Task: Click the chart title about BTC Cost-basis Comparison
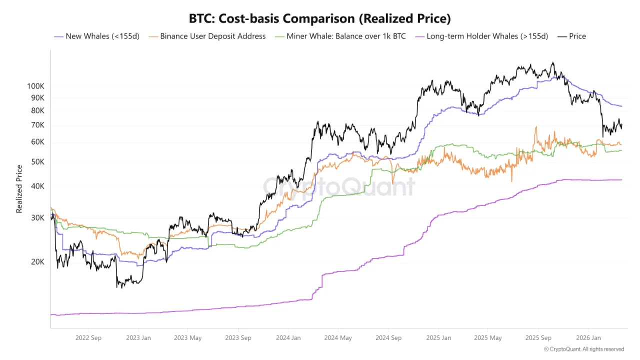pyautogui.click(x=320, y=19)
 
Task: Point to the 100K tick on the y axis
pyautogui.click(x=35, y=86)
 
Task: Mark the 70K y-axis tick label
pyautogui.click(x=37, y=125)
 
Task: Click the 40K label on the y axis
pyautogui.click(x=37, y=186)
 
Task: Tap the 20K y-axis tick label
pyautogui.click(x=37, y=262)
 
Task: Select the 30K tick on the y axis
pyautogui.click(x=37, y=218)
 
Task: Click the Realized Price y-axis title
pyautogui.click(x=19, y=189)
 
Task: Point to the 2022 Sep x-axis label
pyautogui.click(x=88, y=338)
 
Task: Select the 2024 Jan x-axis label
pyautogui.click(x=288, y=338)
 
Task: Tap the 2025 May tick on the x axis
pyautogui.click(x=488, y=338)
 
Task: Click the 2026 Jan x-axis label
pyautogui.click(x=588, y=338)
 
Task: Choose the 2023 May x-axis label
pyautogui.click(x=188, y=338)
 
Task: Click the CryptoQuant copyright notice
pyautogui.click(x=584, y=349)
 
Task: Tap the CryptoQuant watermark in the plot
pyautogui.click(x=339, y=187)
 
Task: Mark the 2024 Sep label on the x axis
pyautogui.click(x=388, y=338)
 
